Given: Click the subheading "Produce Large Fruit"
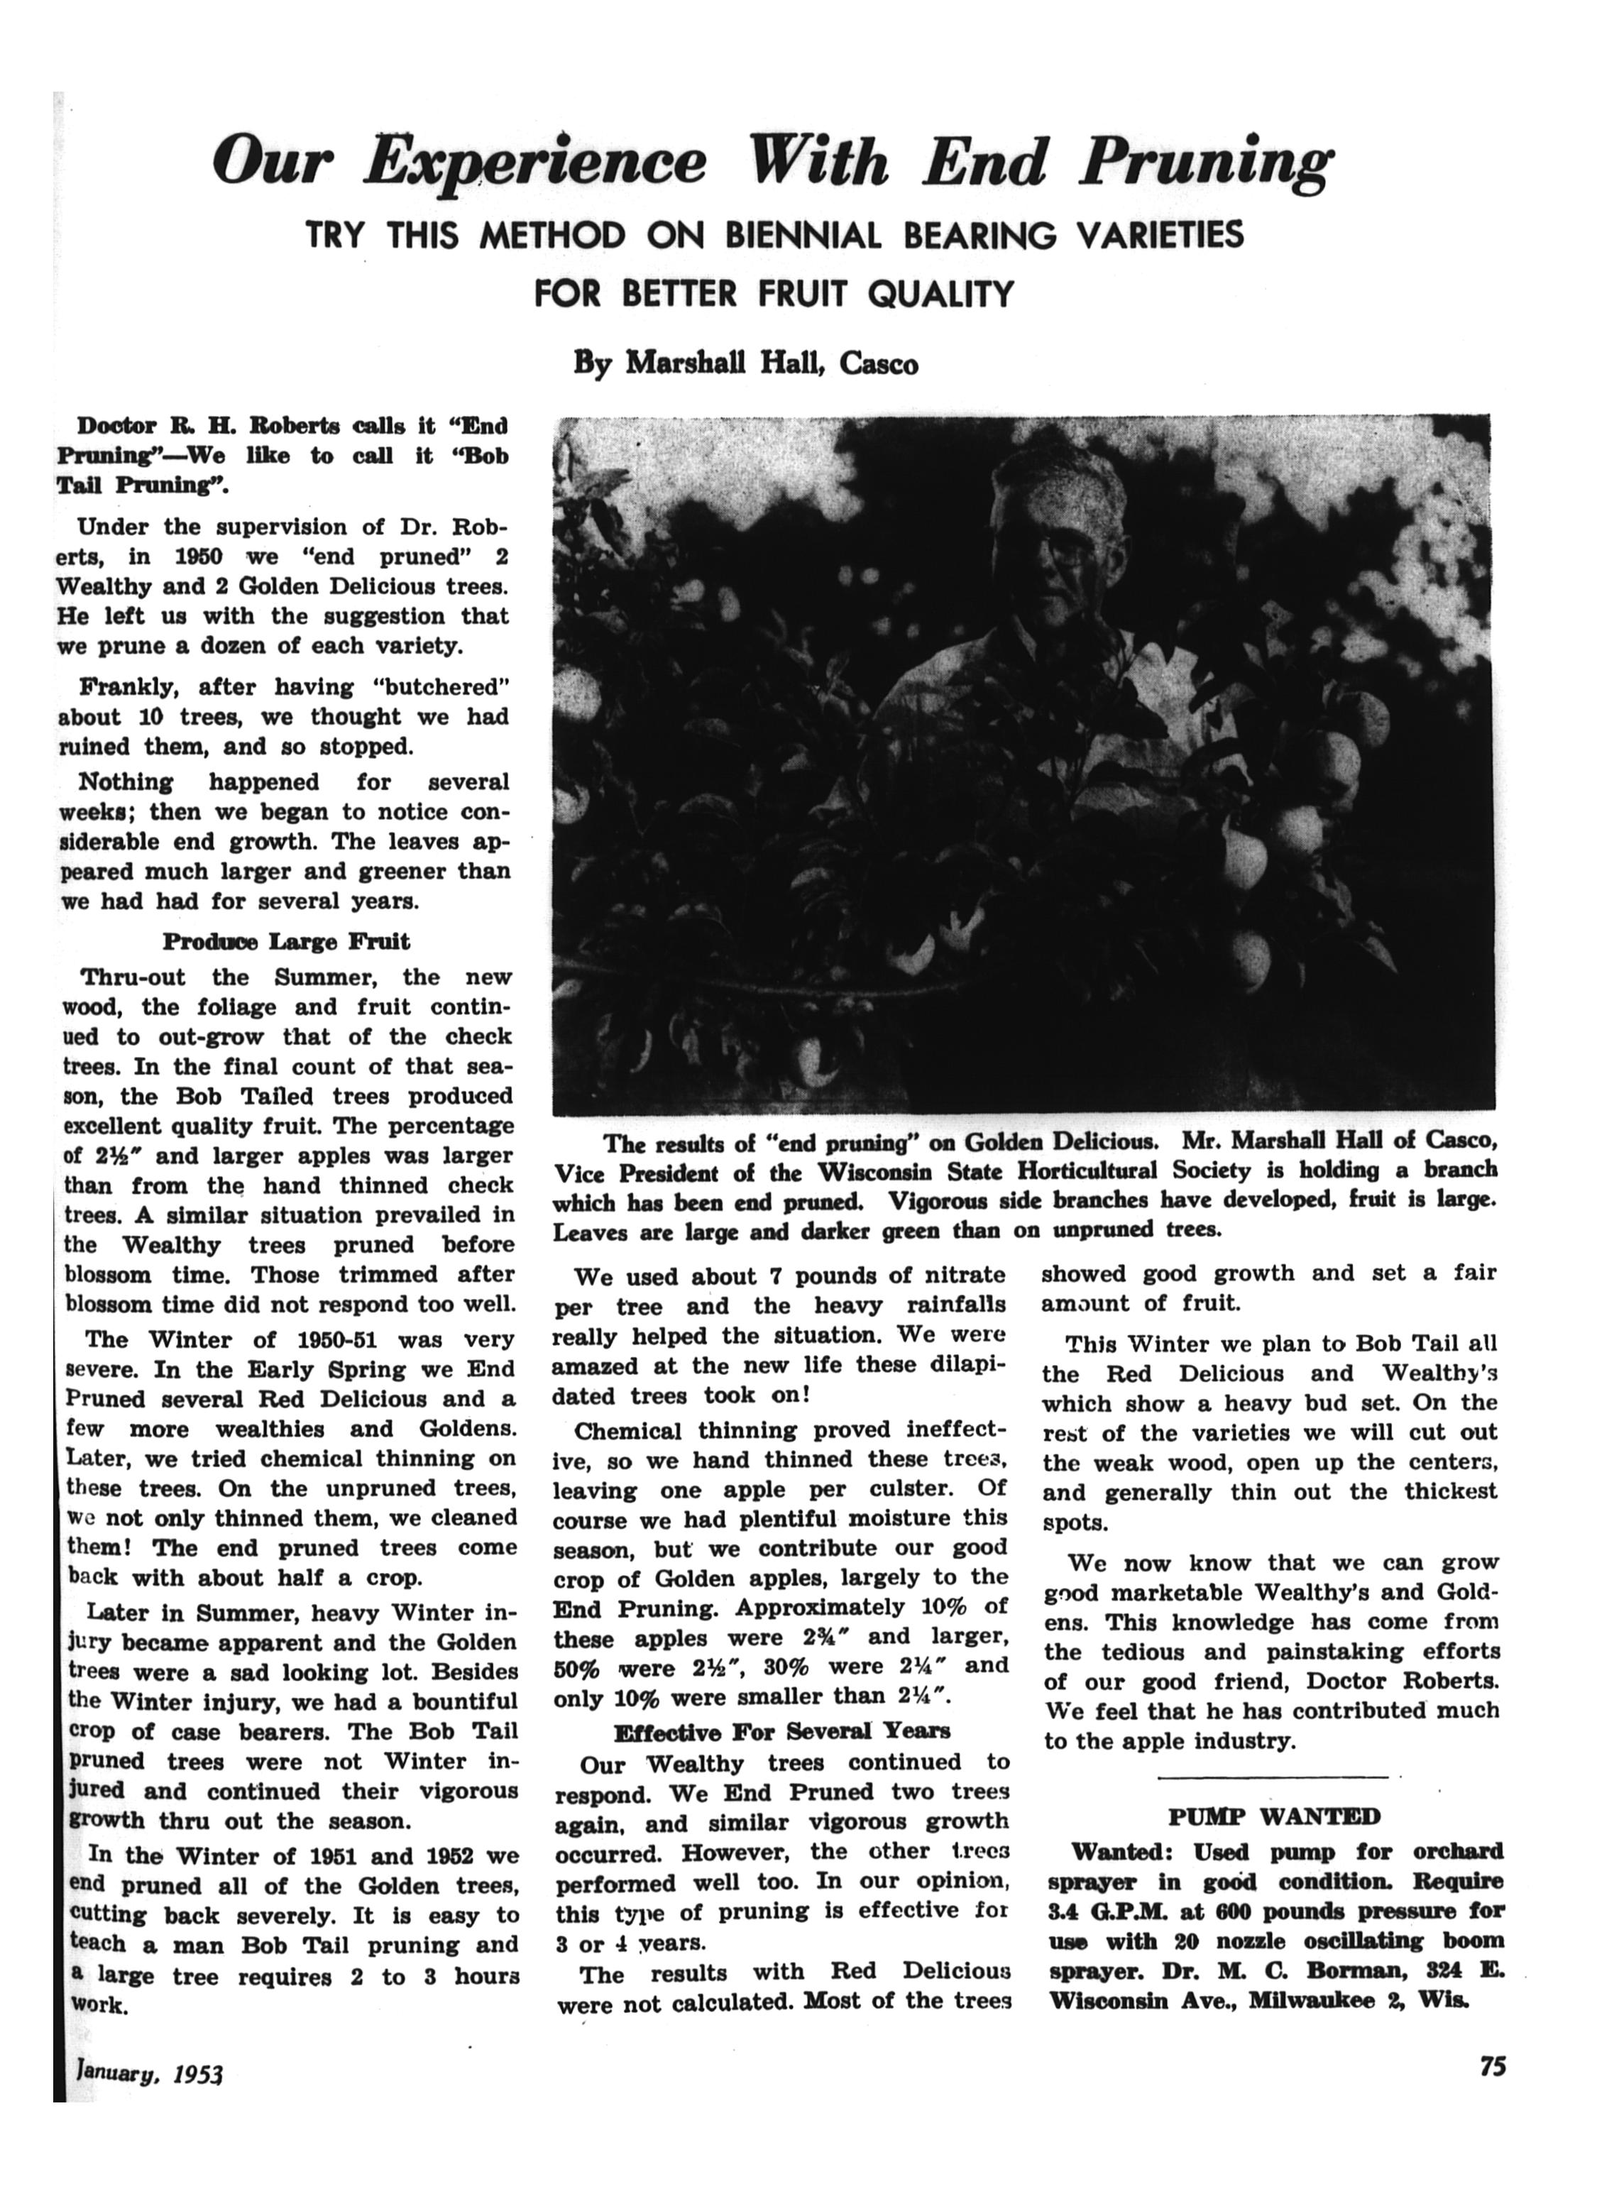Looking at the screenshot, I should pos(286,941).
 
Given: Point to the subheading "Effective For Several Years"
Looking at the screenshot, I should pos(781,1730).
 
